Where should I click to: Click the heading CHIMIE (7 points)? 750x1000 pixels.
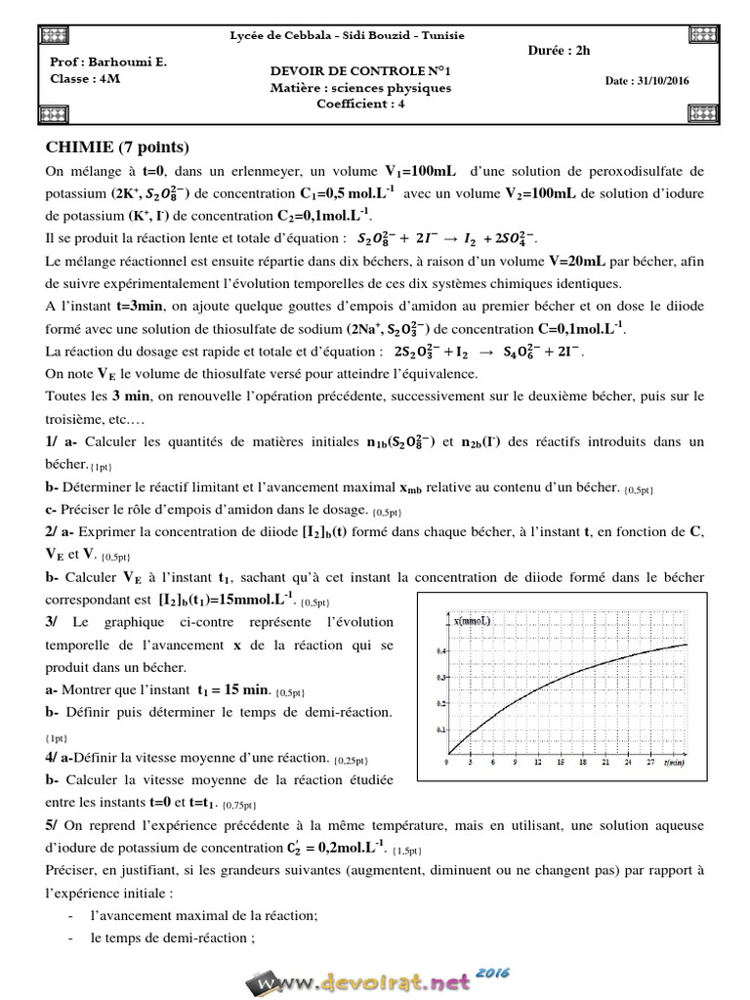tap(116, 147)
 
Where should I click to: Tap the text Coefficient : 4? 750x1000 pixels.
tap(361, 104)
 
